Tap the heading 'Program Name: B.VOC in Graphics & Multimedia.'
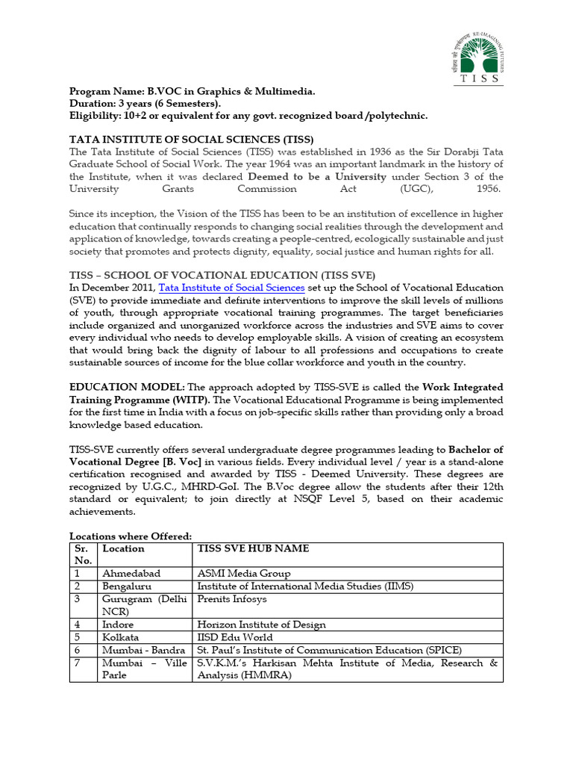[x=192, y=91]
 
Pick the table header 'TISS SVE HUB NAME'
[x=253, y=548]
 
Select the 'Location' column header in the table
[x=123, y=548]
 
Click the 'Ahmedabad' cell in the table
[x=131, y=574]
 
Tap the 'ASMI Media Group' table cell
[x=243, y=574]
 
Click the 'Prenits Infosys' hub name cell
[x=231, y=599]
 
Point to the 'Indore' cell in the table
[x=119, y=625]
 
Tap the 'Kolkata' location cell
[x=121, y=637]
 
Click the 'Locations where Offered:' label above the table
[x=131, y=536]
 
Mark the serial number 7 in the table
[x=77, y=663]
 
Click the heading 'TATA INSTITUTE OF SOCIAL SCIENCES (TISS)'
[x=192, y=140]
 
